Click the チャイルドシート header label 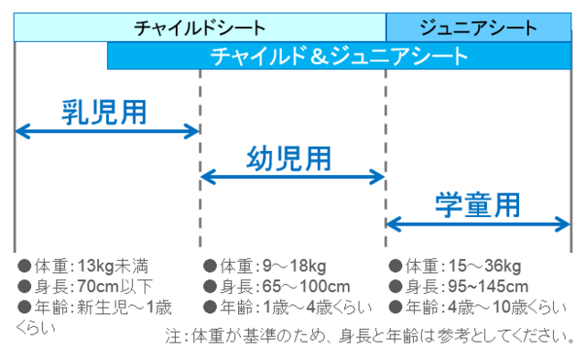point(200,27)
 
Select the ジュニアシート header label point(477,27)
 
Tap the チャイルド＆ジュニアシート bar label point(339,56)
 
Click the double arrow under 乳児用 point(107,132)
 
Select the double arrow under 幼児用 point(292,176)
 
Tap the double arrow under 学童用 point(478,223)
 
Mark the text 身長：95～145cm point(467,287)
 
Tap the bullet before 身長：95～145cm point(396,287)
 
